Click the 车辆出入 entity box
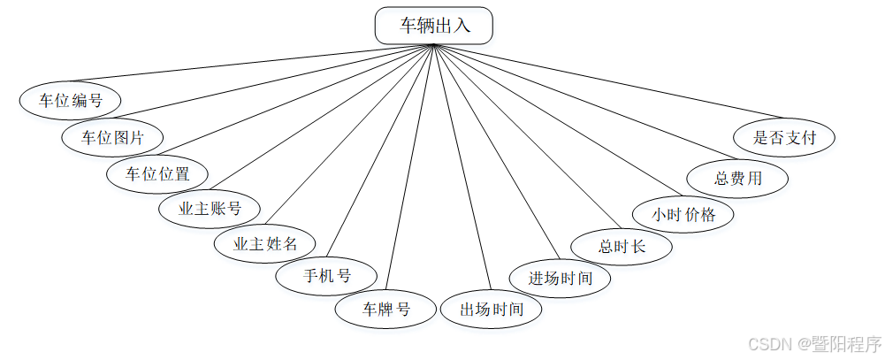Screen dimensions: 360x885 (x=434, y=26)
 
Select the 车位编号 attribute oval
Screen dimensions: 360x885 (x=70, y=100)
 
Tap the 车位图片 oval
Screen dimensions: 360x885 (x=113, y=136)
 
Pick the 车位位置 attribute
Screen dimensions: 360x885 (x=157, y=173)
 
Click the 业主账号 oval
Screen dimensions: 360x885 (x=210, y=209)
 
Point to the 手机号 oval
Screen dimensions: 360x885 (x=326, y=275)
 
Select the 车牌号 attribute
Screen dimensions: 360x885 (x=386, y=310)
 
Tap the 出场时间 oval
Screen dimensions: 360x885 (x=492, y=310)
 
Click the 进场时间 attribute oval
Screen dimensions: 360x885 (x=561, y=277)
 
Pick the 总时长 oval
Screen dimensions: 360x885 (x=622, y=246)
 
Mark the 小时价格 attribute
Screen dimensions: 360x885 (x=683, y=213)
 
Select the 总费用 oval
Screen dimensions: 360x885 (x=737, y=177)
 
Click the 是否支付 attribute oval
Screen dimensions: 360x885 (x=783, y=137)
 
